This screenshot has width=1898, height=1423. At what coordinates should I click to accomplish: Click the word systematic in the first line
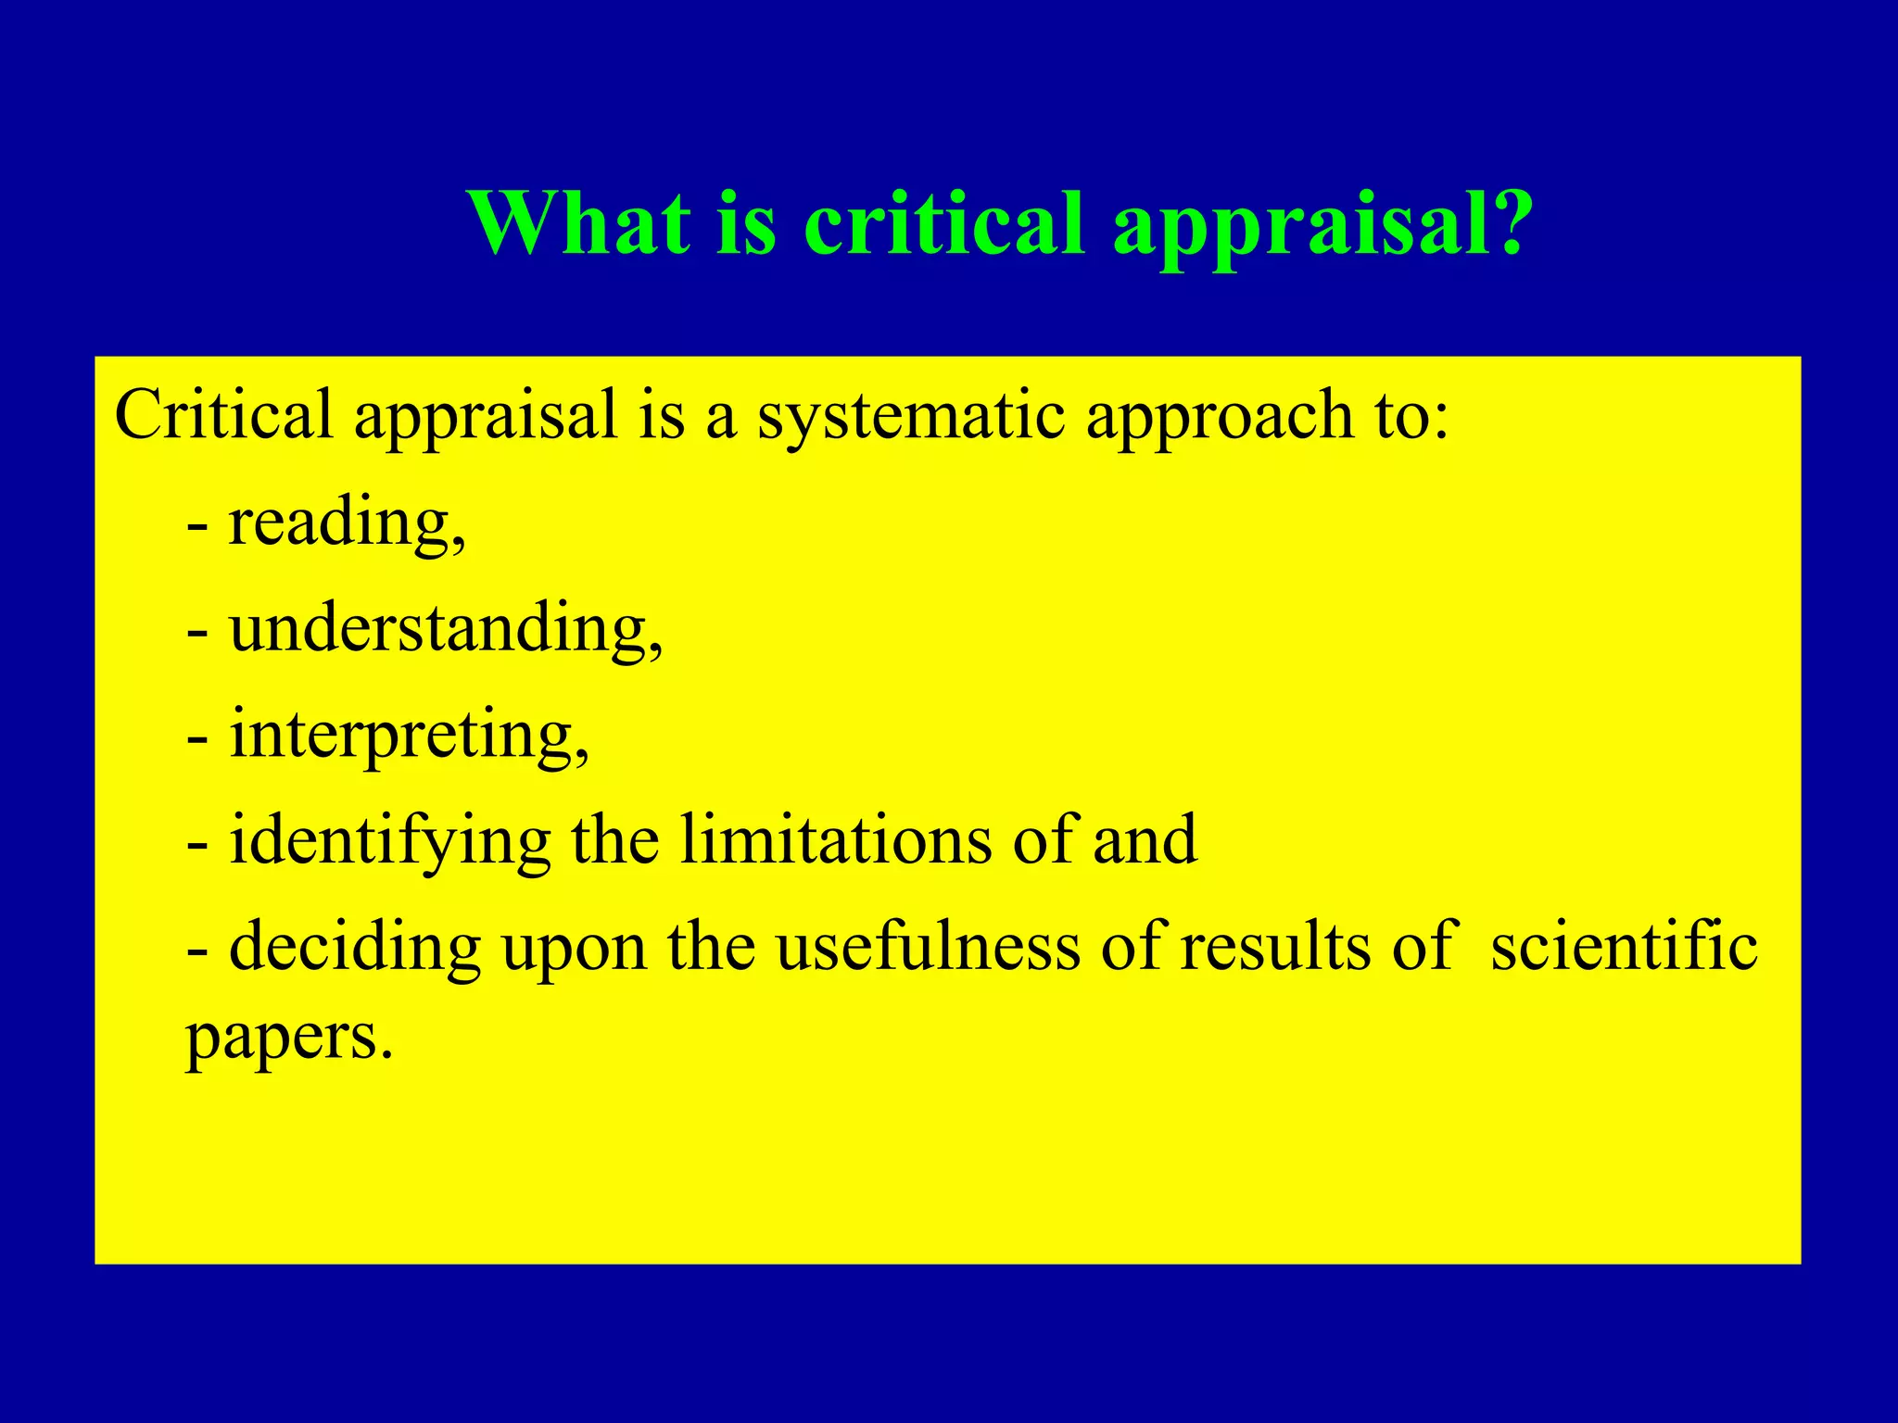click(x=911, y=416)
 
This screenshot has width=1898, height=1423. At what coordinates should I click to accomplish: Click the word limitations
click(x=835, y=839)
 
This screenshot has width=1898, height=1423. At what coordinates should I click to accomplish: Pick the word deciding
click(x=354, y=948)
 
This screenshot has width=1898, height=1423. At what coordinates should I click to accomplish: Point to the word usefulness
click(x=928, y=946)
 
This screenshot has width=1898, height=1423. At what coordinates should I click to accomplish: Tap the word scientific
click(x=1624, y=946)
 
